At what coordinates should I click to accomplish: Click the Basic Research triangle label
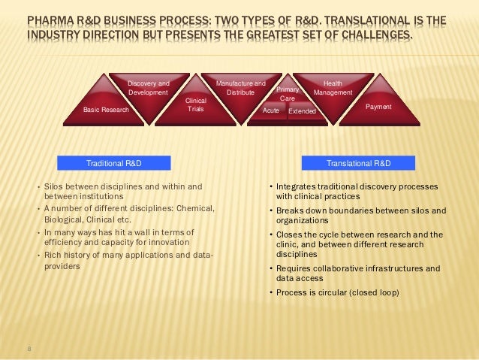pyautogui.click(x=106, y=110)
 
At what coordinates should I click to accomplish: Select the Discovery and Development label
pyautogui.click(x=148, y=87)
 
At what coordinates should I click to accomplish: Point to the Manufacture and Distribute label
pyautogui.click(x=240, y=87)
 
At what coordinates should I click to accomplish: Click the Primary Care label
pyautogui.click(x=288, y=94)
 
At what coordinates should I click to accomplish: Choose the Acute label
pyautogui.click(x=270, y=110)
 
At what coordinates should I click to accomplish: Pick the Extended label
pyautogui.click(x=302, y=111)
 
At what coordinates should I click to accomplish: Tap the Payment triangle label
pyautogui.click(x=378, y=107)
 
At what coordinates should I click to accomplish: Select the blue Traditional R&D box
pyautogui.click(x=114, y=162)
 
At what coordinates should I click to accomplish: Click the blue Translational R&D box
pyautogui.click(x=358, y=162)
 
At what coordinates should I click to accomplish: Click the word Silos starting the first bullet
pyautogui.click(x=55, y=186)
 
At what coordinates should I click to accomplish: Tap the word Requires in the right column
pyautogui.click(x=294, y=268)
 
